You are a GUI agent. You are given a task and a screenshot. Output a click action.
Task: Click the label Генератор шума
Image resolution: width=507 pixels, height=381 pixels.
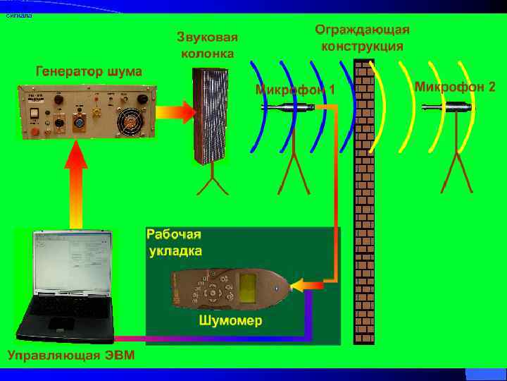click(89, 71)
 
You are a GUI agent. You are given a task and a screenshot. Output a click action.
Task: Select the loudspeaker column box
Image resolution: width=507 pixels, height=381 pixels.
click(211, 116)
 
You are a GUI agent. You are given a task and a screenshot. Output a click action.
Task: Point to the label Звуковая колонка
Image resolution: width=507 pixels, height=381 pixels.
click(208, 44)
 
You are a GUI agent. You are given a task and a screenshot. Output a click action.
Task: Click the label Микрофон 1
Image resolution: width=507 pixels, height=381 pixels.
click(294, 90)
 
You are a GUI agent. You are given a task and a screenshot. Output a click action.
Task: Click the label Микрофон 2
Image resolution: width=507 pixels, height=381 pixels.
click(454, 87)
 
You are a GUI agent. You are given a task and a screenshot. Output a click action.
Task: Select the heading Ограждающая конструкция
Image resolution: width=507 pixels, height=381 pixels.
click(362, 38)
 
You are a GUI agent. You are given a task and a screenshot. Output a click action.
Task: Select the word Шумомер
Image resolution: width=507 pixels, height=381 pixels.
click(231, 321)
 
